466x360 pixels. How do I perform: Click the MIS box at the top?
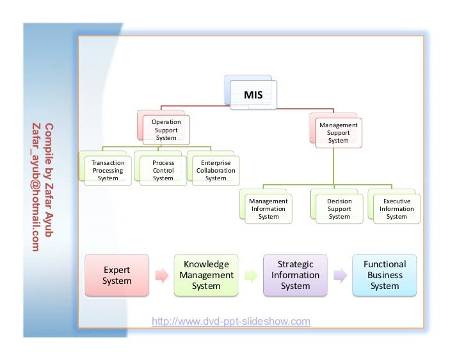253,95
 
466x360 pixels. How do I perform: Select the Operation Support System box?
166,130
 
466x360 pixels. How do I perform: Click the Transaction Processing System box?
108,171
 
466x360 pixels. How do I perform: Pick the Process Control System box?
163,171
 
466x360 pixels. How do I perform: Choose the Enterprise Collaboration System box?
216,171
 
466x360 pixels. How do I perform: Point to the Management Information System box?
268,208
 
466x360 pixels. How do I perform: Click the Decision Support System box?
339,208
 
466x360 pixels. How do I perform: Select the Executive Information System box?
396,208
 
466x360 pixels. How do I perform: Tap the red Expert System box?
117,276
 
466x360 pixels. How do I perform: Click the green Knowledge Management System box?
206,276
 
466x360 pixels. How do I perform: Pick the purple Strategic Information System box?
295,276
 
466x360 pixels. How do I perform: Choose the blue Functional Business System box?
385,275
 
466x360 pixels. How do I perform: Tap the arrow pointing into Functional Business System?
340,276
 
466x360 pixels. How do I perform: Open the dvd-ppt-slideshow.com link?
230,321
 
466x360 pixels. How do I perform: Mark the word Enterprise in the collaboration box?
216,163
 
